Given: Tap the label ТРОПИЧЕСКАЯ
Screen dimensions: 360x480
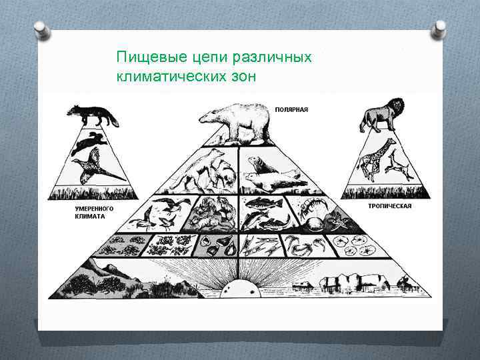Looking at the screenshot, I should [x=389, y=206].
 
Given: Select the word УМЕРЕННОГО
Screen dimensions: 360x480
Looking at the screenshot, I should [x=94, y=208].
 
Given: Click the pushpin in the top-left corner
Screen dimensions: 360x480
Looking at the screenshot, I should [x=42, y=31].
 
